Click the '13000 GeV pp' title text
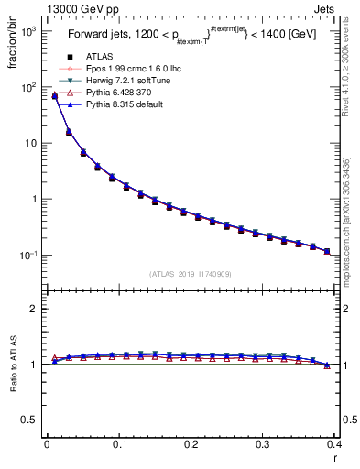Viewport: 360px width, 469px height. (x=43, y=8)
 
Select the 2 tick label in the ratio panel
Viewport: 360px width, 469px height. (x=35, y=309)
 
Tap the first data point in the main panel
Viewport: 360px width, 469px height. (x=54, y=95)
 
